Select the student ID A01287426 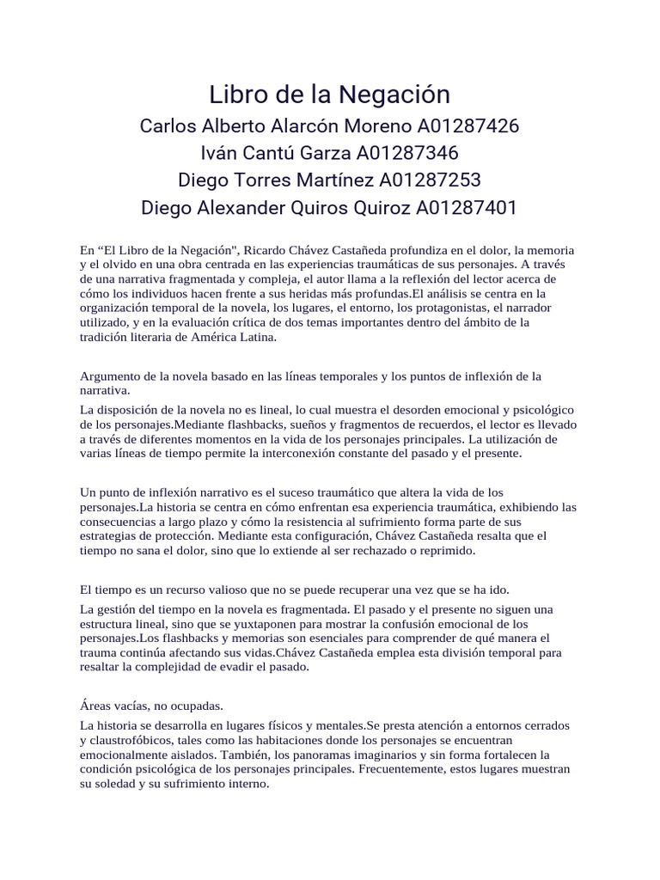tap(468, 126)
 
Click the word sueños tap(295, 425)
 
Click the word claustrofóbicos tap(133, 741)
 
